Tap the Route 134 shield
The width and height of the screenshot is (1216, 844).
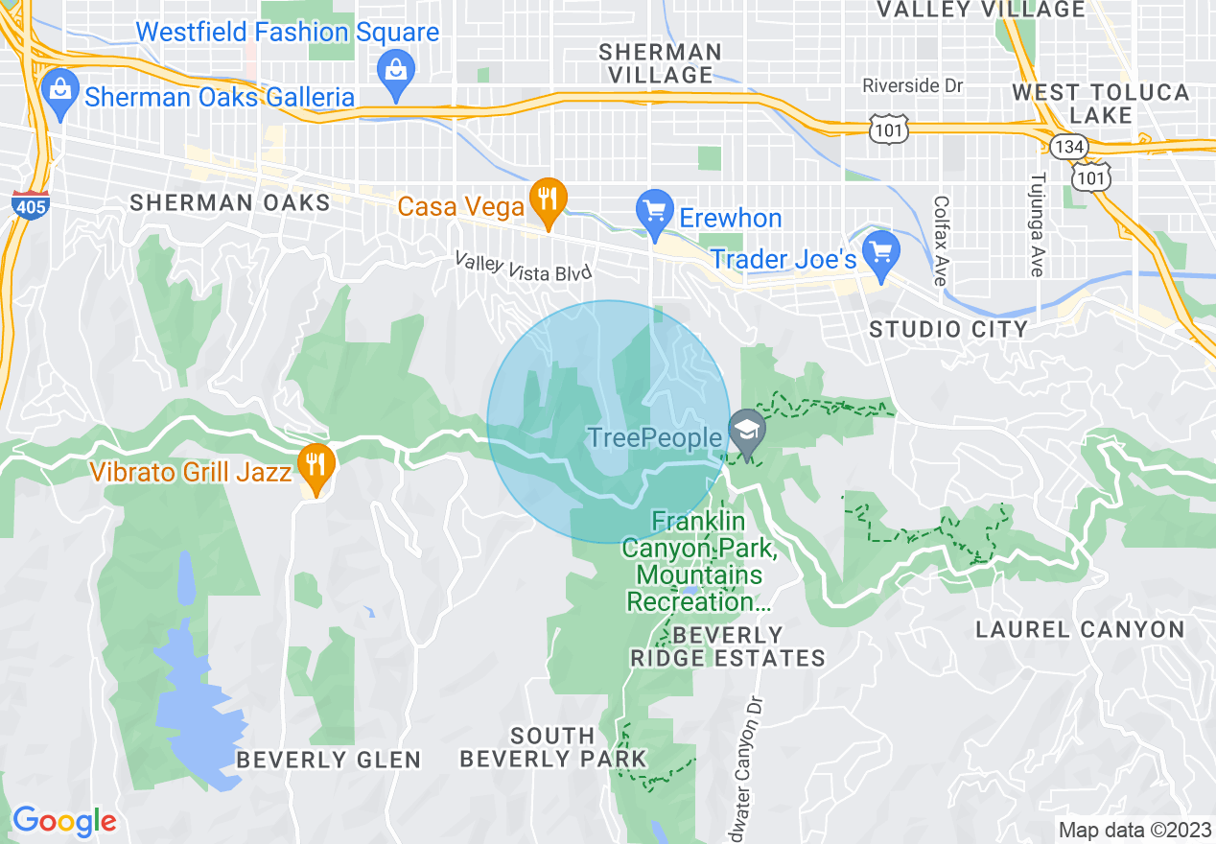1066,146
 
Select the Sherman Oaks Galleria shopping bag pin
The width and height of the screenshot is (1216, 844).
60,94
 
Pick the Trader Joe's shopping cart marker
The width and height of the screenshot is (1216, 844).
880,252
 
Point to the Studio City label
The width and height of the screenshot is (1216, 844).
948,329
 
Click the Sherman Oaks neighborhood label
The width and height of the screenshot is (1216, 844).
230,202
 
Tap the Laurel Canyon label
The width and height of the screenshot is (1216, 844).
1080,629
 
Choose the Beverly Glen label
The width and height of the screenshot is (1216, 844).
329,760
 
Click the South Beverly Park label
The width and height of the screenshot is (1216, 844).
553,747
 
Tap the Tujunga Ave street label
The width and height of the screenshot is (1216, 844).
1036,224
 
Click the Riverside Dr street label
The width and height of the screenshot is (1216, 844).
912,85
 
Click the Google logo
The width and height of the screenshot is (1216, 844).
65,821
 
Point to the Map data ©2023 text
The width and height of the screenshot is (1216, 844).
1134,830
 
